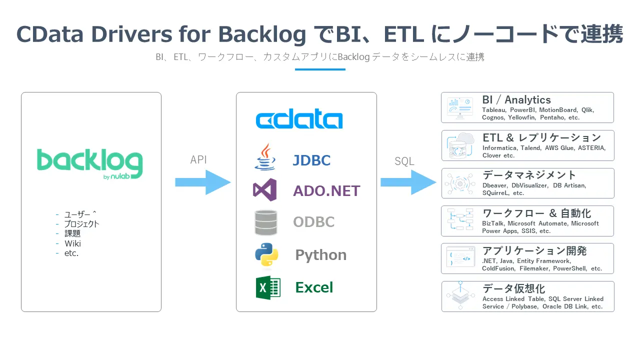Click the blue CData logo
click(299, 120)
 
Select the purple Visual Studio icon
click(265, 190)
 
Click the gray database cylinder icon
click(265, 222)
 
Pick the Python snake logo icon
click(266, 254)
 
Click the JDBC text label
click(311, 160)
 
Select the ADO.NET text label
click(326, 191)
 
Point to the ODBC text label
click(313, 222)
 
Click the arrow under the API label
click(202, 182)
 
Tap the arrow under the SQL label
click(408, 182)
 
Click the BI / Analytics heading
click(516, 100)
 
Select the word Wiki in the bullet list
click(72, 243)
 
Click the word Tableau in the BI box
click(493, 110)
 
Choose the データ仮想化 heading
click(513, 288)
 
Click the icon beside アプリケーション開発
click(459, 258)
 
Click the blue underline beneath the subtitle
click(320, 69)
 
